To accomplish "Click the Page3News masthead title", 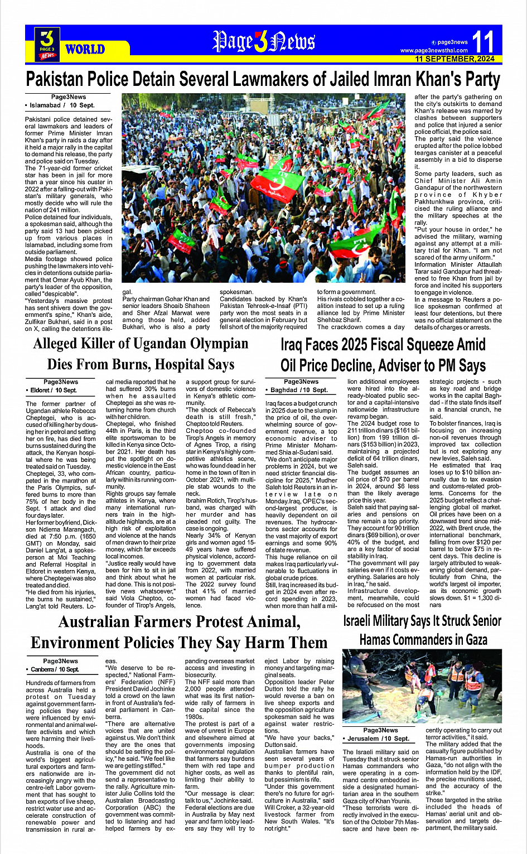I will [x=263, y=41].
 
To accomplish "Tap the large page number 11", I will [x=482, y=42].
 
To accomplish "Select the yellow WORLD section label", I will [x=85, y=49].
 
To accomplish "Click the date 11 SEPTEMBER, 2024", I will [x=455, y=59].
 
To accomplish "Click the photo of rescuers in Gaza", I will [x=422, y=691].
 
